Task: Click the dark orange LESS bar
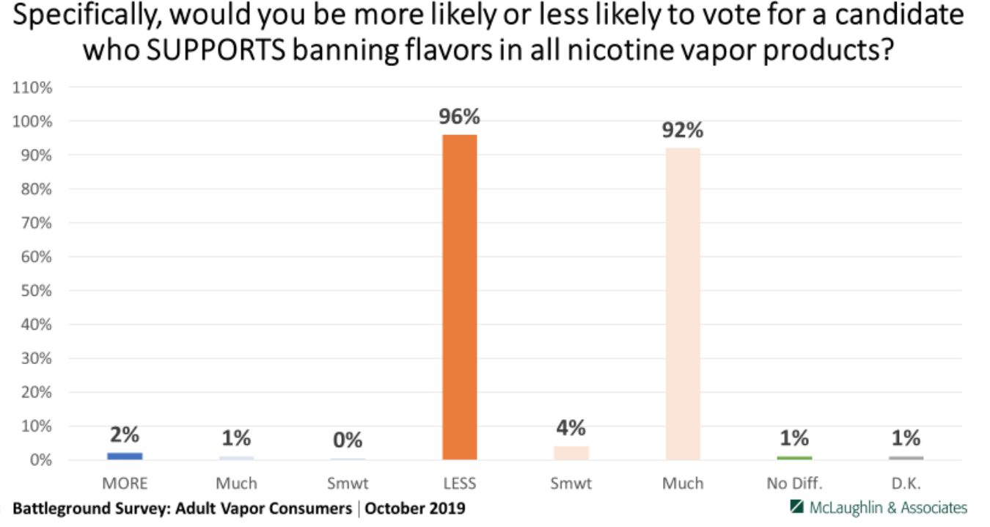pos(460,297)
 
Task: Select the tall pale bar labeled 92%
pos(683,304)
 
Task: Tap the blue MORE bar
pos(125,456)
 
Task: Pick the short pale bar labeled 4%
pos(571,453)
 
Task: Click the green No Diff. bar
pos(794,457)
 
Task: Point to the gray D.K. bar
pos(906,457)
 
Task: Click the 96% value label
pos(460,117)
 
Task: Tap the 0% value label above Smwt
pos(348,440)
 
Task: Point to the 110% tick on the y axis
pos(34,87)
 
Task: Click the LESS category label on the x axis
pos(460,483)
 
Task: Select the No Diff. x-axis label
pos(794,483)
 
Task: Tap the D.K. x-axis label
pos(906,483)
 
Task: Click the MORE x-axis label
pos(125,483)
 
